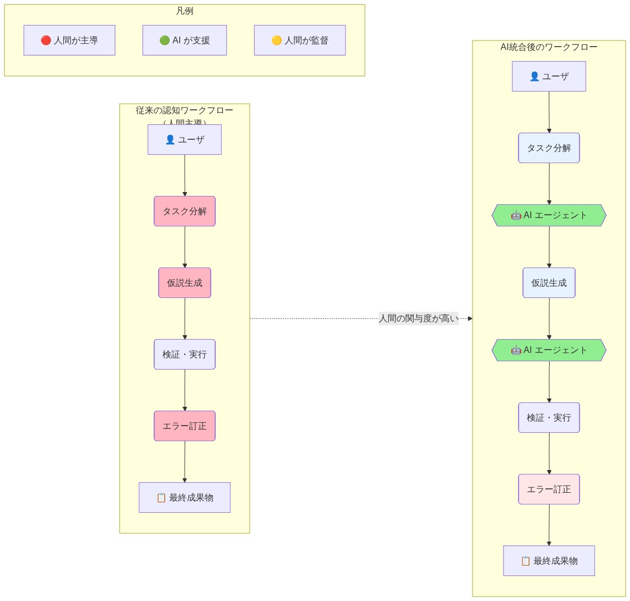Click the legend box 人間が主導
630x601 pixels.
pos(69,40)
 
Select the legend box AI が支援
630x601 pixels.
pos(184,40)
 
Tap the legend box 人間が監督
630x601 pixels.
pos(299,40)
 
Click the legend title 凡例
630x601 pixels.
pos(184,11)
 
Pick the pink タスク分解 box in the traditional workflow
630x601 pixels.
pos(184,211)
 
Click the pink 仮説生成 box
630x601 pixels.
pos(184,282)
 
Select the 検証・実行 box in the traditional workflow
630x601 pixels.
pos(184,354)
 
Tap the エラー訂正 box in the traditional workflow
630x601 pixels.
pos(184,426)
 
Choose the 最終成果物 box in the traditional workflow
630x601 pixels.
pos(184,497)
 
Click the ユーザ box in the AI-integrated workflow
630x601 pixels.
pos(548,76)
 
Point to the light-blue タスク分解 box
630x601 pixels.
pos(548,148)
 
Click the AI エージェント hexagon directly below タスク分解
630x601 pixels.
pos(548,215)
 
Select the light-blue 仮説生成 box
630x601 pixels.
pos(548,282)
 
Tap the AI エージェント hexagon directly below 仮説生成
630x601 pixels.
pos(548,350)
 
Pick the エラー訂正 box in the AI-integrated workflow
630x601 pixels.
pos(548,489)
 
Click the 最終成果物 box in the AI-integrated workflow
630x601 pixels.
pos(548,560)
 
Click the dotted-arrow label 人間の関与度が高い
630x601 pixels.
pos(418,319)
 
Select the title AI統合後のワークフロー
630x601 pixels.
pos(548,47)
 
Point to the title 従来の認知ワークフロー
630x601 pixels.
pos(184,110)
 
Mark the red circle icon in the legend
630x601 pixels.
pos(46,41)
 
